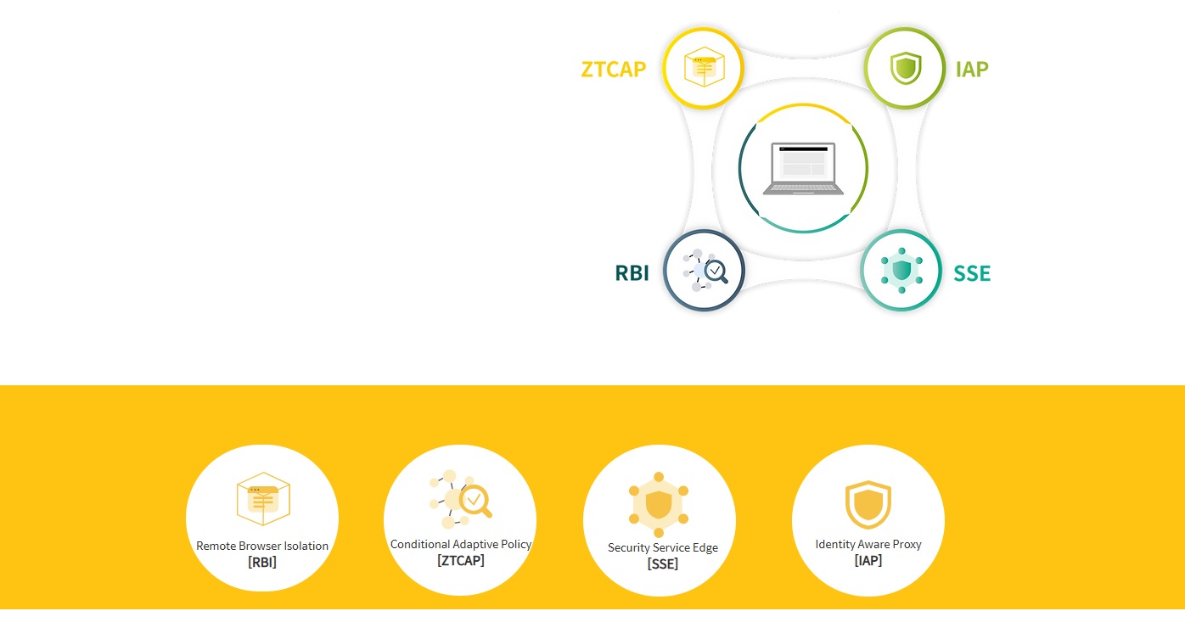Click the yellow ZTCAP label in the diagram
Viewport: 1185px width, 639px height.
(613, 69)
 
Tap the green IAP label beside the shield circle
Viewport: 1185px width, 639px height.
(971, 69)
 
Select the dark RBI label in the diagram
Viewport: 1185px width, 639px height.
(632, 273)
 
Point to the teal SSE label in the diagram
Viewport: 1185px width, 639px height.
(972, 273)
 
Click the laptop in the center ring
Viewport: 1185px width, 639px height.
(803, 169)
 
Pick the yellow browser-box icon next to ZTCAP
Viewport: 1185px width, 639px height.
(703, 68)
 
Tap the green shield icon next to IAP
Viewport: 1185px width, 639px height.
(905, 68)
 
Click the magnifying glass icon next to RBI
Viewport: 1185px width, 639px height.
(704, 271)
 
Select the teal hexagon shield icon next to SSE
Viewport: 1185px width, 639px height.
(901, 271)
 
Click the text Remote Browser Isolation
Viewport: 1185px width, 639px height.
(262, 546)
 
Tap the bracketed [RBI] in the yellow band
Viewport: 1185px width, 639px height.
(262, 562)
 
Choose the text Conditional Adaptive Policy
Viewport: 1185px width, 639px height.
(461, 544)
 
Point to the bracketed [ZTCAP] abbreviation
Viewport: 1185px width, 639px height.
(461, 560)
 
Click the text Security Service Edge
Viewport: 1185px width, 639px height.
(663, 547)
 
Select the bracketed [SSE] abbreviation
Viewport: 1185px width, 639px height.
(663, 563)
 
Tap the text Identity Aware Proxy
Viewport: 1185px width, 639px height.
(868, 544)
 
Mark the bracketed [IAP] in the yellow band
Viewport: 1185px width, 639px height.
(868, 560)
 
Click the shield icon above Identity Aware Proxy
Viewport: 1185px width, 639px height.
(868, 504)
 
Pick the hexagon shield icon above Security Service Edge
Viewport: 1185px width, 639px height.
(659, 506)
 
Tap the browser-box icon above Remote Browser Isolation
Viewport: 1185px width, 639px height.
(263, 500)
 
